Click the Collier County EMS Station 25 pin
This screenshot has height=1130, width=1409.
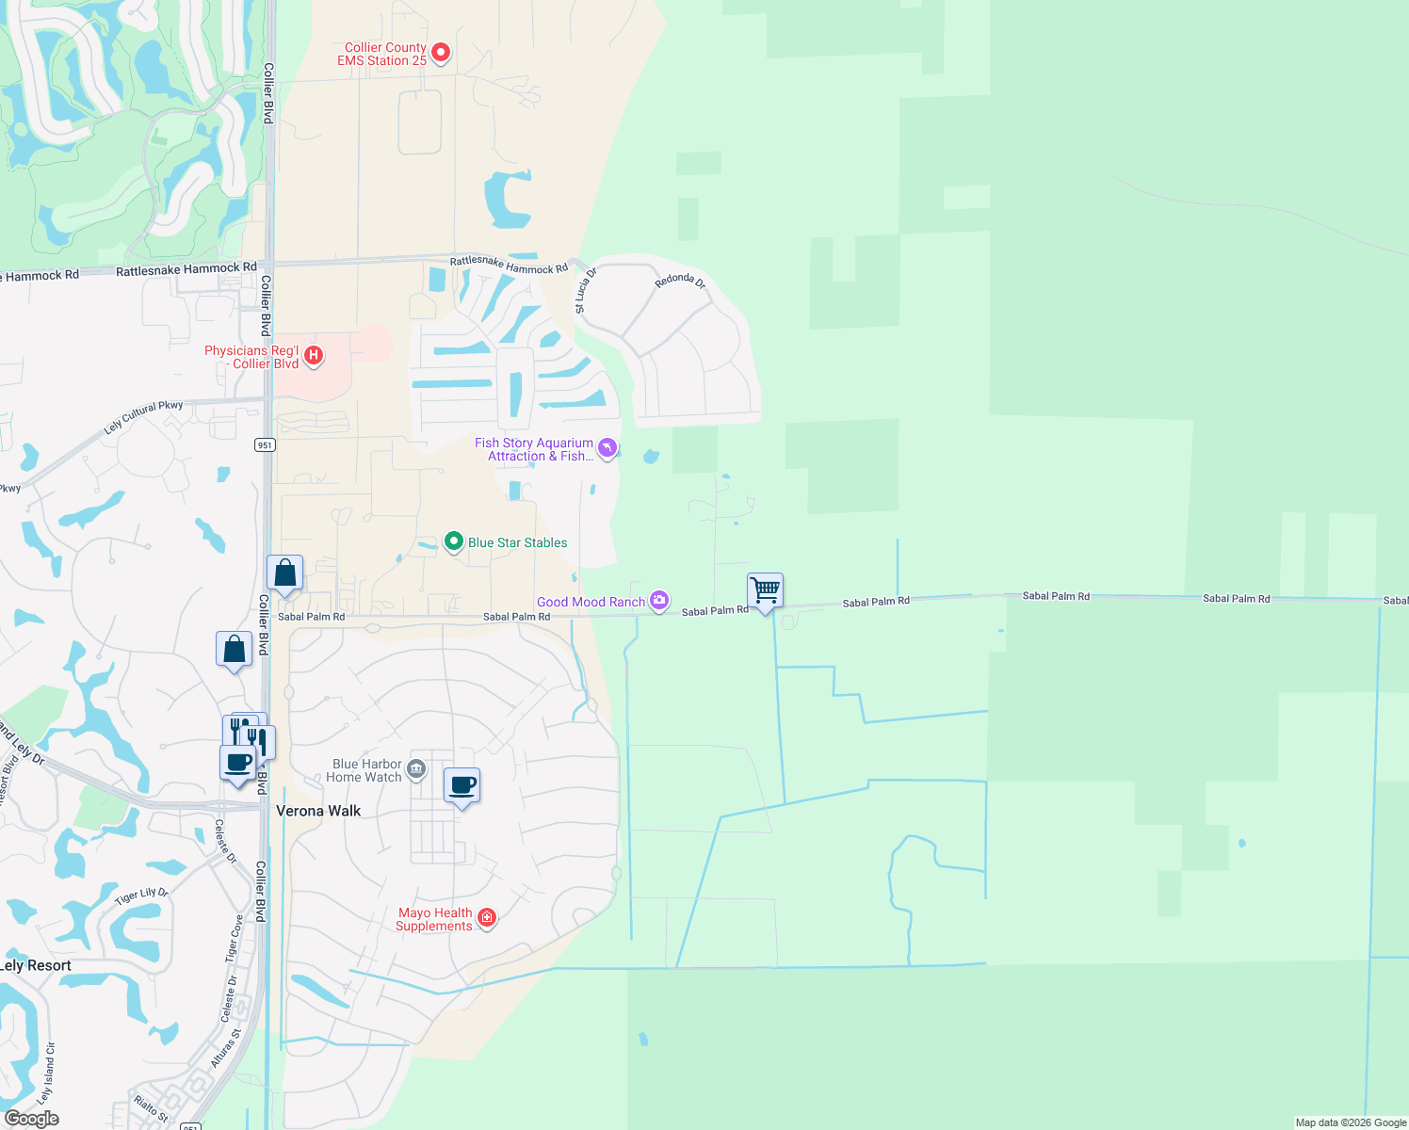coord(440,53)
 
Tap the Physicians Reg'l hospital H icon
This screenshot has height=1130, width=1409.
coord(314,356)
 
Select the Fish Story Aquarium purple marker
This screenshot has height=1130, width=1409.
coord(607,448)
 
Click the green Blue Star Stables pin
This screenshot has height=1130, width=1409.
coord(454,541)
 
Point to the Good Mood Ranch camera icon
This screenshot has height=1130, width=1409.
coord(659,601)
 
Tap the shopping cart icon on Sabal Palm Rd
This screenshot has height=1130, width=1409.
coord(766,591)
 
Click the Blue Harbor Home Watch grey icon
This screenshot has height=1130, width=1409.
coord(416,770)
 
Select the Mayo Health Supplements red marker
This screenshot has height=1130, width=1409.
coord(487,918)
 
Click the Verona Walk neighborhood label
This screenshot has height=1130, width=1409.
coord(318,811)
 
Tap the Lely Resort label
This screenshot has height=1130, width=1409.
coord(36,965)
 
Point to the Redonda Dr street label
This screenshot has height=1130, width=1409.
coord(680,281)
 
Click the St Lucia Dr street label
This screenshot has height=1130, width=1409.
coord(585,291)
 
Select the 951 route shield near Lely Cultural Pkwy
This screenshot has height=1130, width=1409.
coord(265,444)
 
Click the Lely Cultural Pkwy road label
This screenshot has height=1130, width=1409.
coord(143,418)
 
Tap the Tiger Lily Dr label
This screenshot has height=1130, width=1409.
coord(141,896)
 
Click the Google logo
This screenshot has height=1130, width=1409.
coord(32,1118)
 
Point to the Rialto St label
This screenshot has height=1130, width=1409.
coord(151,1108)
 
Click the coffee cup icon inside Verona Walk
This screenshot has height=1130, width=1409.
coord(462,785)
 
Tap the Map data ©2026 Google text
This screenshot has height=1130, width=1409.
coord(1351,1122)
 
